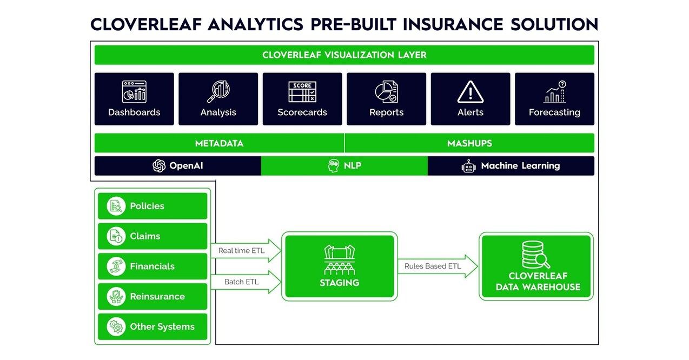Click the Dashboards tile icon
click(x=134, y=92)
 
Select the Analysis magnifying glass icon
click(x=218, y=92)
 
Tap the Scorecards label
click(x=302, y=112)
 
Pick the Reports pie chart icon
click(x=386, y=92)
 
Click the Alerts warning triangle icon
click(x=470, y=92)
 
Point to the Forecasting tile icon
click(x=554, y=92)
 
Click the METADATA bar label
click(x=219, y=143)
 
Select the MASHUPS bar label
click(x=469, y=143)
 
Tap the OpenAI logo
click(x=159, y=166)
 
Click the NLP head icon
click(x=334, y=166)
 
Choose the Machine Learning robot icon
click(x=468, y=166)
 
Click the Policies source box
click(x=153, y=206)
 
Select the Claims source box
click(x=153, y=236)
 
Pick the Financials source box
click(x=153, y=266)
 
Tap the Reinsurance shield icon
click(x=116, y=297)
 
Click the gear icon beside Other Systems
click(x=116, y=327)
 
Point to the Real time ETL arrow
click(x=246, y=251)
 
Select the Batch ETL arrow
click(x=246, y=282)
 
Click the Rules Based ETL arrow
click(x=438, y=266)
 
